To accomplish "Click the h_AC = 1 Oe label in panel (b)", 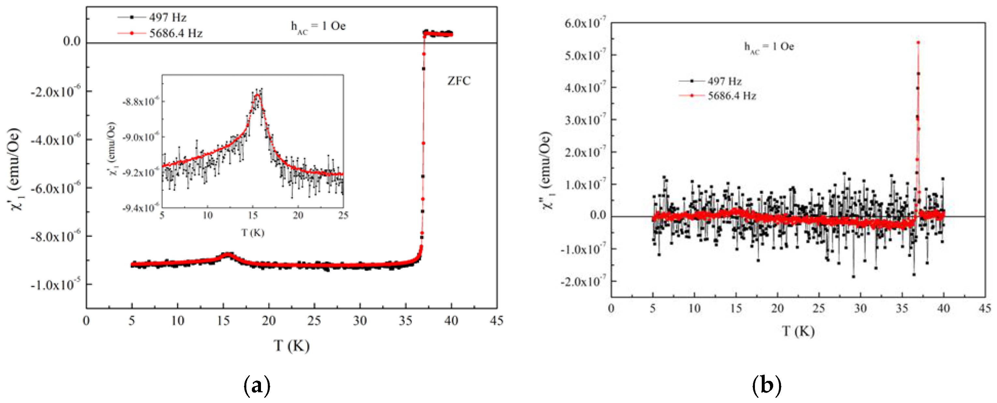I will click(769, 47).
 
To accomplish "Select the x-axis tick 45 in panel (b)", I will click(985, 308).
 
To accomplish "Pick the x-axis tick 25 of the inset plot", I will click(343, 215).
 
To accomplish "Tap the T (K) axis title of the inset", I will click(253, 232).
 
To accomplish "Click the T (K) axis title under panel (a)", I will click(291, 345).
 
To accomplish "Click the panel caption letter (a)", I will click(257, 386).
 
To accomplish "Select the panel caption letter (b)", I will click(766, 386).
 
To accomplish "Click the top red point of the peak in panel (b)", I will click(918, 43).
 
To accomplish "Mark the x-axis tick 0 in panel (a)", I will click(86, 320).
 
